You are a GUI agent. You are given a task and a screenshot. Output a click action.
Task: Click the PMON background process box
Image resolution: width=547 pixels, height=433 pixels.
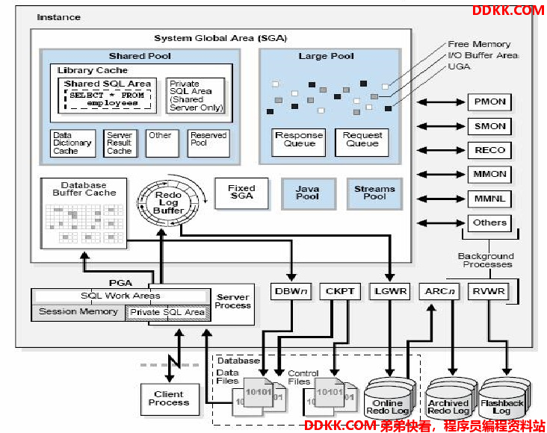coord(489,102)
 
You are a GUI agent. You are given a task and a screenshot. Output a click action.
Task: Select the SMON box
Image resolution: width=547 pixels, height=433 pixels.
coord(489,126)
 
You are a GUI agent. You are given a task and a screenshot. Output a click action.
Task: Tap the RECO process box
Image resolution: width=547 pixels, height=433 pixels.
coord(489,150)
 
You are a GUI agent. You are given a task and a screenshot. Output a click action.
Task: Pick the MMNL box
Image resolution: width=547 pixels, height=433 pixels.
coord(489,199)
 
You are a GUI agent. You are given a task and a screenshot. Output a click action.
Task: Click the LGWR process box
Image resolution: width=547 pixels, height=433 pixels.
coord(390,291)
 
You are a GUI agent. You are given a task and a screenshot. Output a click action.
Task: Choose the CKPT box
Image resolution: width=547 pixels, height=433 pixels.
coord(340,291)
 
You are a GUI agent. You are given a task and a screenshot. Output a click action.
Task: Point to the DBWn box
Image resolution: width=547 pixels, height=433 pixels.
coord(291,291)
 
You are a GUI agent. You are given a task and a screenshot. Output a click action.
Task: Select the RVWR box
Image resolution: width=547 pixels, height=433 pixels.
coord(489,291)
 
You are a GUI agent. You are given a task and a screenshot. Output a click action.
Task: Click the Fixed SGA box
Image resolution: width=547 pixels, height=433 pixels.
coord(242,193)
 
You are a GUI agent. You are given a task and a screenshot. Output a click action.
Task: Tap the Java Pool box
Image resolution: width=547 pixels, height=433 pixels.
coord(309,194)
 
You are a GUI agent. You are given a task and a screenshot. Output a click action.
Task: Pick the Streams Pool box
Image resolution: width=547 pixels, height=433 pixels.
coord(374,194)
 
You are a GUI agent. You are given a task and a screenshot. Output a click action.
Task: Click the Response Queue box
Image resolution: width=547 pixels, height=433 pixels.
coord(299,143)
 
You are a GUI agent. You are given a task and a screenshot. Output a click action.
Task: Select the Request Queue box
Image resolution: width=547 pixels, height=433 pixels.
coord(362,143)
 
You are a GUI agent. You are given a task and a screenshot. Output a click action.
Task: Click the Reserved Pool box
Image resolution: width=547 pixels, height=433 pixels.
coord(208,143)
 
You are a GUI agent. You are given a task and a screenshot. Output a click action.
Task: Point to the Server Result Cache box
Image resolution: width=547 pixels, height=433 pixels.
coord(120,143)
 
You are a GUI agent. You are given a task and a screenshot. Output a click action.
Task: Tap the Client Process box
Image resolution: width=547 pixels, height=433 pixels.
coord(170,399)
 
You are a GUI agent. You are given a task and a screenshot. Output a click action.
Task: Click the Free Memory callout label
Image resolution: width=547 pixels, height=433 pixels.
coord(479,44)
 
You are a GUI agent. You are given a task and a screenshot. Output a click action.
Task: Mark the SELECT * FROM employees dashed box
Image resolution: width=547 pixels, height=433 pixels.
coord(108,99)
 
